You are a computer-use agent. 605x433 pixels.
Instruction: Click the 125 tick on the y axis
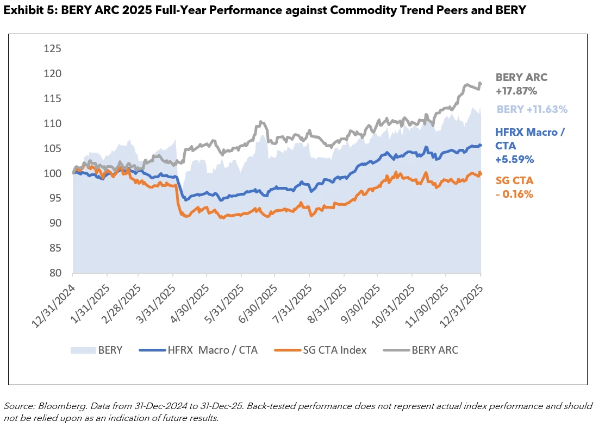53,48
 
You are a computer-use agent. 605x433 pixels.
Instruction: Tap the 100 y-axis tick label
53,173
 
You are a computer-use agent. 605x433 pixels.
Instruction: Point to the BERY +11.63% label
532,109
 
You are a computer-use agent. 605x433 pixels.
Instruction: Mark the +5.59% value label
515,159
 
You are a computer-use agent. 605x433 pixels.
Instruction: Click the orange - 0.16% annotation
514,194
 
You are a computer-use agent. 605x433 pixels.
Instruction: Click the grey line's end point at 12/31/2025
481,84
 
